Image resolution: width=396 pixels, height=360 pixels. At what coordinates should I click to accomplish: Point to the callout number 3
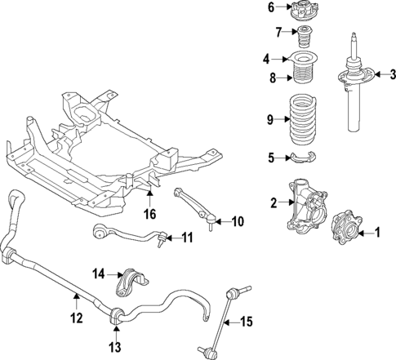[393, 76]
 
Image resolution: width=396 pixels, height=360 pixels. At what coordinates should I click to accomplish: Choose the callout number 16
[149, 215]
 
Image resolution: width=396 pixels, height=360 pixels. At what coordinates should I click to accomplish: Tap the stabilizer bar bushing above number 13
[116, 313]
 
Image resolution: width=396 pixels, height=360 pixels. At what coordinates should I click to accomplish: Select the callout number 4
[266, 59]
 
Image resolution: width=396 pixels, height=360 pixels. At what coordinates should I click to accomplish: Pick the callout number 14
[99, 273]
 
